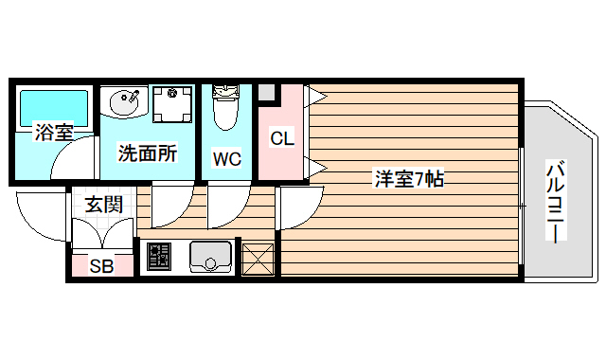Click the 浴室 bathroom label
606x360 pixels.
pyautogui.click(x=54, y=132)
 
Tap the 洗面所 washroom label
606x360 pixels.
pyautogui.click(x=148, y=152)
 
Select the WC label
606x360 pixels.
pyautogui.click(x=226, y=158)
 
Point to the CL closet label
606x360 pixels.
pyautogui.click(x=282, y=138)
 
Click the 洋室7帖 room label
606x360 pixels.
pyautogui.click(x=409, y=177)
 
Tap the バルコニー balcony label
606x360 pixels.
pyautogui.click(x=555, y=202)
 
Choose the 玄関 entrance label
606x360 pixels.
pyautogui.click(x=103, y=204)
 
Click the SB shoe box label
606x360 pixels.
pyautogui.click(x=101, y=266)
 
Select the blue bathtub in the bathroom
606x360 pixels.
pyautogui.click(x=54, y=106)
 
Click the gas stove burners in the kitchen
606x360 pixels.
pyautogui.click(x=158, y=256)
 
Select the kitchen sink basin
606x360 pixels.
pyautogui.click(x=211, y=256)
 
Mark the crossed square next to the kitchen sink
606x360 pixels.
pyautogui.click(x=258, y=258)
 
